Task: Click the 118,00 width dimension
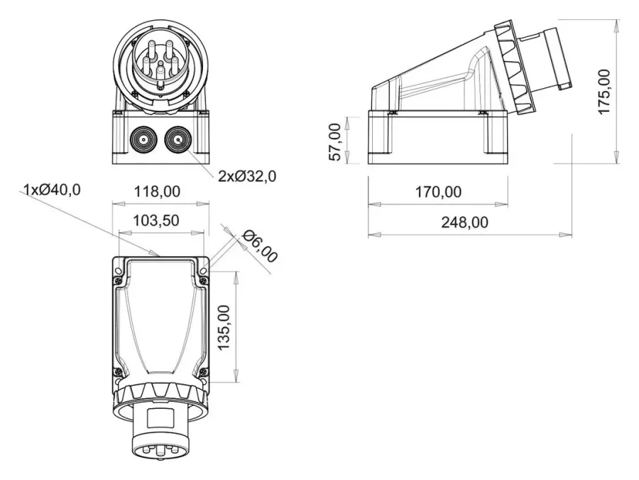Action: tap(157, 191)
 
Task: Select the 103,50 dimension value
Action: tap(156, 220)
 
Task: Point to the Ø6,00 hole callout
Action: tap(260, 246)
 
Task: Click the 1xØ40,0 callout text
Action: tap(52, 189)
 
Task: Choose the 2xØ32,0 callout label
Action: tap(247, 176)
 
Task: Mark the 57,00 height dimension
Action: tap(335, 142)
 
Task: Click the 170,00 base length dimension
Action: tap(439, 191)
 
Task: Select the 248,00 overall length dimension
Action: tap(464, 222)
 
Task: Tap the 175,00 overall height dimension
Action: tap(604, 92)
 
